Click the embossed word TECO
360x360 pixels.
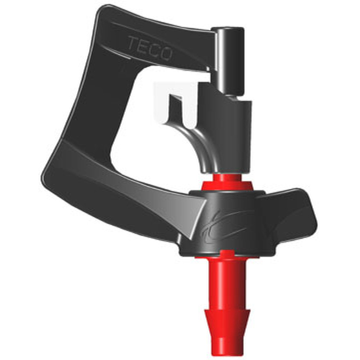click(x=150, y=49)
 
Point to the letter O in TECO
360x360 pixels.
click(x=166, y=53)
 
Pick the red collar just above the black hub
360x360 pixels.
click(x=227, y=183)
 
